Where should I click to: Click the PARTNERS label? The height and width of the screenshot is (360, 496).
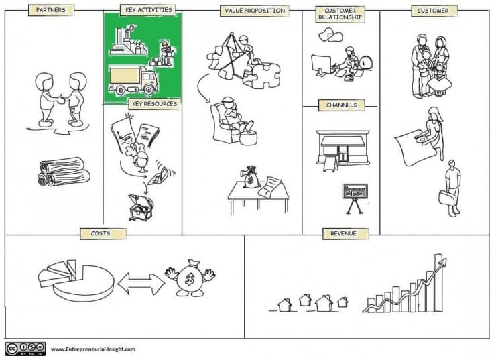[51, 10]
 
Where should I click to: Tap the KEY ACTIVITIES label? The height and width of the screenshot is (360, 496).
[149, 10]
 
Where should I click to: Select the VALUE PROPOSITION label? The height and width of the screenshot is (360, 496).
[255, 11]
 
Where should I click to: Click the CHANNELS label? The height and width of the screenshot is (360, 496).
[341, 105]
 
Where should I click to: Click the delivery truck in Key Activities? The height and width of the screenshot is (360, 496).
[133, 79]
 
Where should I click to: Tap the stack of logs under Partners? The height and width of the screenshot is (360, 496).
[64, 172]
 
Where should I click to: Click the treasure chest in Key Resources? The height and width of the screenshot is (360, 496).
[141, 208]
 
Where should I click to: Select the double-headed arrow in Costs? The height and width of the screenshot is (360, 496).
[141, 284]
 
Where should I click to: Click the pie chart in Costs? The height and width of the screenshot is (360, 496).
[76, 280]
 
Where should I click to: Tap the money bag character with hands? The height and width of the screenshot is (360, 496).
[190, 278]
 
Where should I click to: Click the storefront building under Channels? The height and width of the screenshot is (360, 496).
[343, 149]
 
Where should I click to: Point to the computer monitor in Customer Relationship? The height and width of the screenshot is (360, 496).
[321, 65]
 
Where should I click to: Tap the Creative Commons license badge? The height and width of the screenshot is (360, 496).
[25, 349]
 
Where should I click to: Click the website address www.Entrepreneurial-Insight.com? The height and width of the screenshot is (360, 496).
[93, 349]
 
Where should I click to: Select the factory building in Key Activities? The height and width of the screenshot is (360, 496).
[128, 41]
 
